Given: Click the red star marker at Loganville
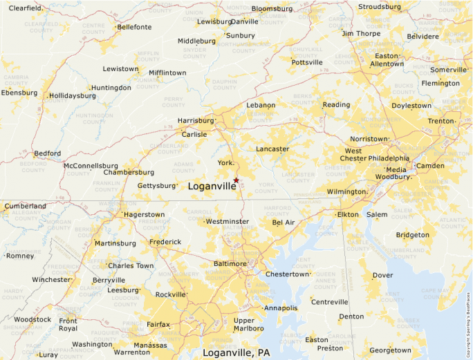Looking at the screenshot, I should click(236, 180).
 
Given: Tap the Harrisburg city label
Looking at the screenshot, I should click(196, 120).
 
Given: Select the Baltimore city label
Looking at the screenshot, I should click(229, 264).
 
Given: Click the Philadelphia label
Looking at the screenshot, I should click(388, 158).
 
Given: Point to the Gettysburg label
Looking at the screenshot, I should click(157, 186).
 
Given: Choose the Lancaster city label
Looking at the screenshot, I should click(272, 149).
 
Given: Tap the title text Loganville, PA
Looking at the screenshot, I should click(236, 352).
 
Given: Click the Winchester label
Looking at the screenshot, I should click(50, 280).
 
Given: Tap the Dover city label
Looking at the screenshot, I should click(382, 275).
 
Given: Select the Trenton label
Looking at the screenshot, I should click(440, 121).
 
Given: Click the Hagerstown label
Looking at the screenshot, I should click(144, 215).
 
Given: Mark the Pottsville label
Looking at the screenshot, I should click(307, 62).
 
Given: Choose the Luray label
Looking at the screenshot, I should click(48, 354).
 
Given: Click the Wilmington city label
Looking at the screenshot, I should click(346, 191).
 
